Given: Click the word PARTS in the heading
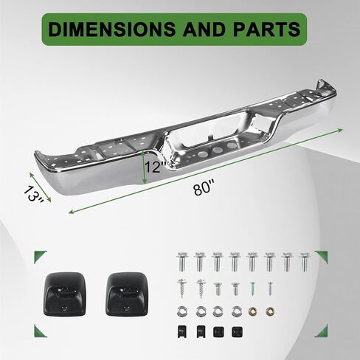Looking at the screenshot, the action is pos(266,30).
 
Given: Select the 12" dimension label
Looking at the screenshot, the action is pos(156,167).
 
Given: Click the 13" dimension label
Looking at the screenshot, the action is pos(34,194).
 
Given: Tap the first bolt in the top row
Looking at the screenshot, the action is pos(181,261).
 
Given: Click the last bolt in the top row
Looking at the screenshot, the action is pos(305,261).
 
